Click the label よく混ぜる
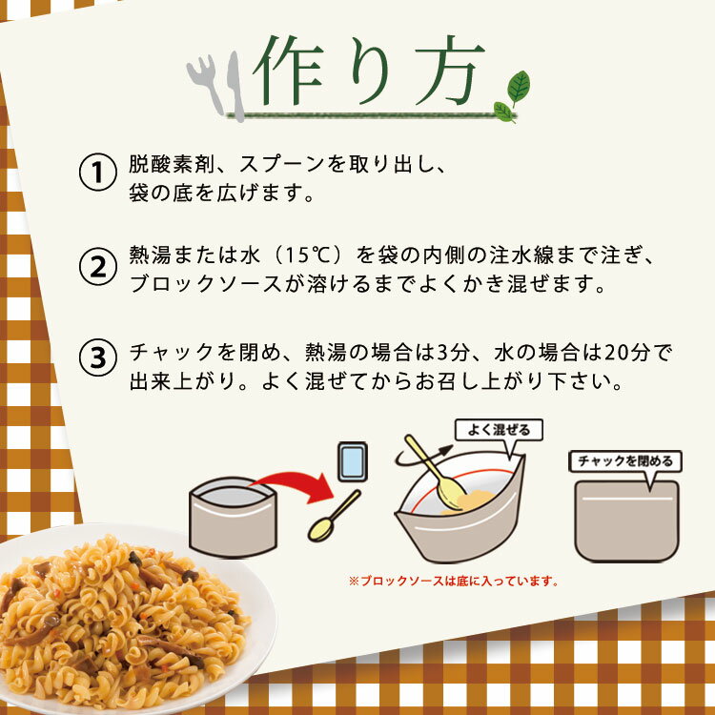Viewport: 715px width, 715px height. point(498,430)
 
